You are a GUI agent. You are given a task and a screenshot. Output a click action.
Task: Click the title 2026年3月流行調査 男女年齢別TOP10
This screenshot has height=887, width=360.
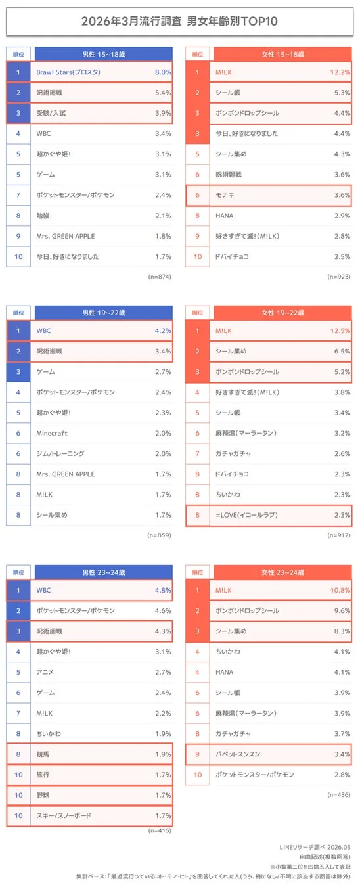179,21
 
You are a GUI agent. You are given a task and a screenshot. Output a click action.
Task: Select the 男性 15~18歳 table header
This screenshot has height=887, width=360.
103,53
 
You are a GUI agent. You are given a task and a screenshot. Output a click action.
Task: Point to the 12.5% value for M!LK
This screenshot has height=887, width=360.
340,331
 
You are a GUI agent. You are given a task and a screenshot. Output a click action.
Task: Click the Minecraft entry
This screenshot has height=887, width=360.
53,433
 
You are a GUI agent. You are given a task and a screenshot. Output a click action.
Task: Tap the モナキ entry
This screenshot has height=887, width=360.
226,195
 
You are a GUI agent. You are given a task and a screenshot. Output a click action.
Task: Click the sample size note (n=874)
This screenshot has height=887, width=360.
160,277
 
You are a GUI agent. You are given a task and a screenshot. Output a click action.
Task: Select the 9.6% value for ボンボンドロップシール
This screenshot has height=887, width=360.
341,610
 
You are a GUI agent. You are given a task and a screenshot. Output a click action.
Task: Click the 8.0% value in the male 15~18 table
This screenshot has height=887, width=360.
162,72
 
